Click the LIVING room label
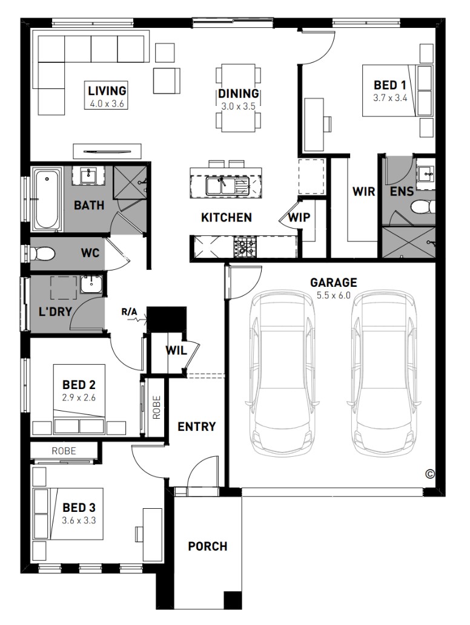pyautogui.click(x=107, y=91)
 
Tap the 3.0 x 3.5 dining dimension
pyautogui.click(x=238, y=106)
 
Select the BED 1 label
pyautogui.click(x=390, y=85)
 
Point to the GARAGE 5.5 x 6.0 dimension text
pyautogui.click(x=333, y=295)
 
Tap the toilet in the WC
pyautogui.click(x=42, y=253)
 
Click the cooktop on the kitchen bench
pyautogui.click(x=245, y=246)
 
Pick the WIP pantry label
pyautogui.click(x=299, y=217)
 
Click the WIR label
pyautogui.click(x=363, y=192)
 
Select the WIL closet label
pyautogui.click(x=176, y=350)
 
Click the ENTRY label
pyautogui.click(x=196, y=427)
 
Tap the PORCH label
pyautogui.click(x=208, y=546)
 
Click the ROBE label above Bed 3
pyautogui.click(x=64, y=451)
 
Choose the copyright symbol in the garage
pyautogui.click(x=429, y=474)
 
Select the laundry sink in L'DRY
pyautogui.click(x=91, y=284)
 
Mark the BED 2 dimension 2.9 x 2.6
pyautogui.click(x=79, y=398)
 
